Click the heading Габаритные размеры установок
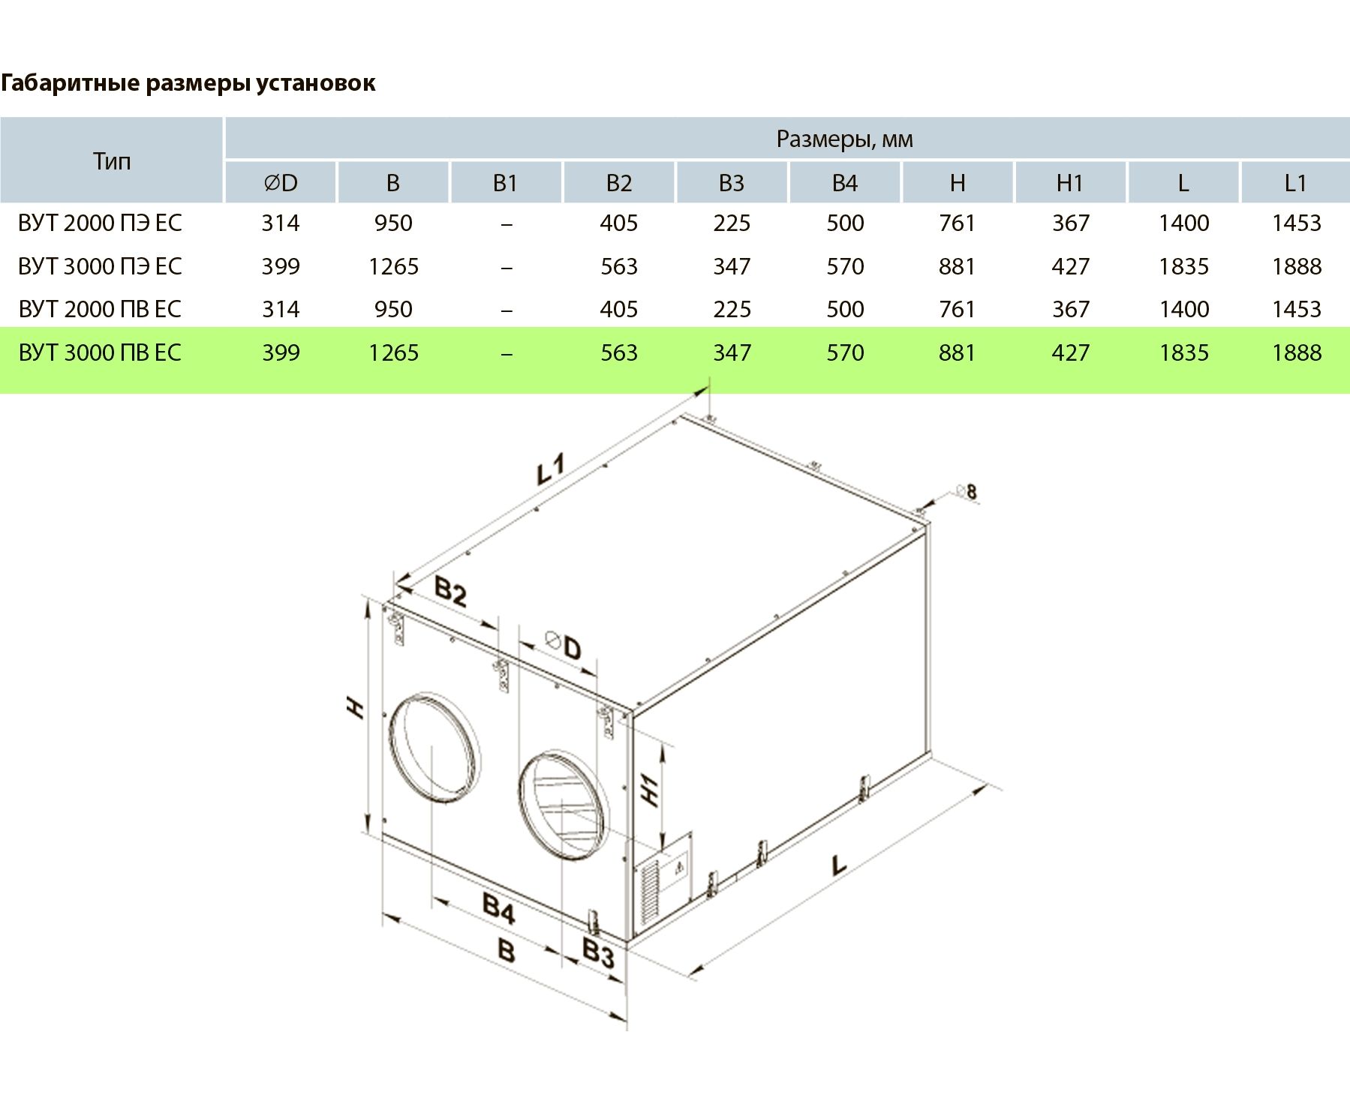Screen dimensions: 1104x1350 [x=188, y=82]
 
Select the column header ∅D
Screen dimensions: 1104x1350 [x=281, y=182]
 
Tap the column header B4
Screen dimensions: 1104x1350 [x=844, y=182]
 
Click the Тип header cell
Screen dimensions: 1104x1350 [x=112, y=160]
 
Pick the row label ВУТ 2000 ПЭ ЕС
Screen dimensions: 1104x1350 [x=100, y=223]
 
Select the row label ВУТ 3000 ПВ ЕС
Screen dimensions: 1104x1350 [x=100, y=352]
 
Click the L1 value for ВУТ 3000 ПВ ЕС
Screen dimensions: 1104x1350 [x=1296, y=352]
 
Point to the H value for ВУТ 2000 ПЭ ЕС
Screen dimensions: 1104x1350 [x=957, y=223]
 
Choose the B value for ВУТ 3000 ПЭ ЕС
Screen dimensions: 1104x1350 [x=393, y=266]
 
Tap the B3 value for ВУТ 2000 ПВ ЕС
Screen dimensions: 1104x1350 [x=732, y=309]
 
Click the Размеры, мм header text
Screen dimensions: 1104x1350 [x=844, y=139]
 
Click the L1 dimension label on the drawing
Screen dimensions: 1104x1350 [x=551, y=469]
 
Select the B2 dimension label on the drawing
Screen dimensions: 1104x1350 [x=450, y=591]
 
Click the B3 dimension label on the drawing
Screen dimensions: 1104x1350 [x=598, y=953]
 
